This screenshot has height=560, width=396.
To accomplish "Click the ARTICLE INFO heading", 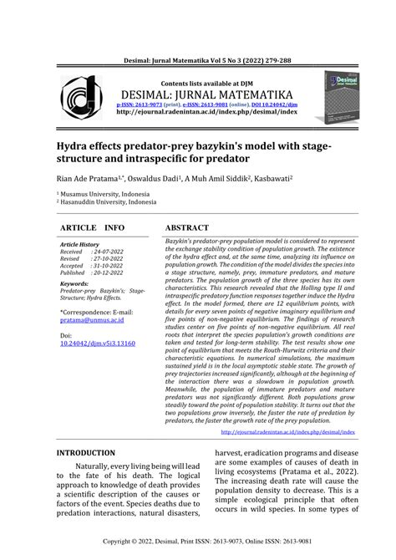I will pyautogui.click(x=93, y=227).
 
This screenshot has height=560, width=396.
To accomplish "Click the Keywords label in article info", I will pyautogui.click(x=76, y=283).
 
